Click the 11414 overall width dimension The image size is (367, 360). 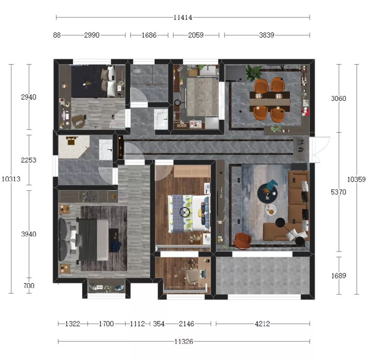click(183, 17)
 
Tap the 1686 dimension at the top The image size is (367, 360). click(149, 35)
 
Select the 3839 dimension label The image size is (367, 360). click(267, 35)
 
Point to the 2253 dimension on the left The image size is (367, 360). click(29, 160)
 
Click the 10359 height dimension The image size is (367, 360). click(356, 179)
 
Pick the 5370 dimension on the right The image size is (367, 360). click(338, 192)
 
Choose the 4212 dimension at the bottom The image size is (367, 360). click(262, 324)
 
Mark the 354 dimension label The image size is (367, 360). click(159, 324)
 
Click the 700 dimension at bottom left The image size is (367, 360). click(29, 286)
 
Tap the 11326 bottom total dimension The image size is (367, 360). click(184, 342)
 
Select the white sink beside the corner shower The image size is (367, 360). click(106, 150)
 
